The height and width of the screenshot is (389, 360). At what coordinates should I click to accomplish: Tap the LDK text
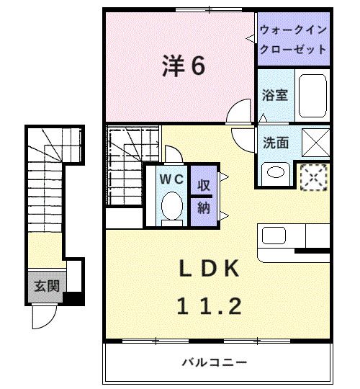point(209,269)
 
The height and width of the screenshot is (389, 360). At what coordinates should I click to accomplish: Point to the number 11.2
point(209,306)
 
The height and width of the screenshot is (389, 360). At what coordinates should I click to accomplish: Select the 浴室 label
point(275,94)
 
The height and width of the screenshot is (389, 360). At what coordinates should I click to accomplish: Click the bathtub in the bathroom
point(312,94)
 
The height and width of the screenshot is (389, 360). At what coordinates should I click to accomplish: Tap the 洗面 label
point(276,143)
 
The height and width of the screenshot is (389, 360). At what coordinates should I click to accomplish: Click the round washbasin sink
point(274,172)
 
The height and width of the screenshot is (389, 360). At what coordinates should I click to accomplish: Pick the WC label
point(170,178)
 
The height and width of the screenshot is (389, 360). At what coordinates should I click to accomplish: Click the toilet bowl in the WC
point(171,208)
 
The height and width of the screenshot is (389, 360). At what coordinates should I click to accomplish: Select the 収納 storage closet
point(204,196)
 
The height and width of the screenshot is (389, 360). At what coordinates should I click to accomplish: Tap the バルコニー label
point(214,362)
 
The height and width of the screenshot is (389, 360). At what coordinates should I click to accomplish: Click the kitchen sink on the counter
point(274,236)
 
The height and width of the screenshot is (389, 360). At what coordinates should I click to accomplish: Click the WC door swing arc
point(174,153)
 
